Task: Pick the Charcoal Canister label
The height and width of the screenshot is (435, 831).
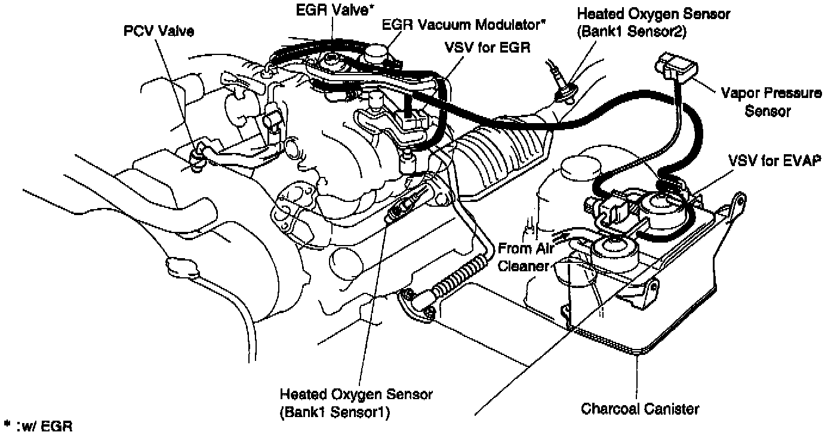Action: click(639, 409)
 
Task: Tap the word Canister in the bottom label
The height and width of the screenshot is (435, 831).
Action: click(672, 409)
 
